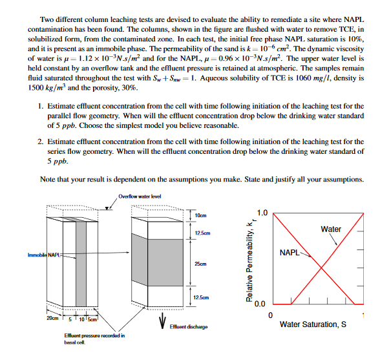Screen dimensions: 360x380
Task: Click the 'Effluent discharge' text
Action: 190,327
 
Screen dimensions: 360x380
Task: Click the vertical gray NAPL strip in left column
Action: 82,259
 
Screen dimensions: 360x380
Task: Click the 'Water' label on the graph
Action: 331,229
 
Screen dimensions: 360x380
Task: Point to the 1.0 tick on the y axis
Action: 260,213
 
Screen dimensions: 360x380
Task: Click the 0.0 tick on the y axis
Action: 260,304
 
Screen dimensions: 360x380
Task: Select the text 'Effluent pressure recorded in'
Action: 95,335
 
